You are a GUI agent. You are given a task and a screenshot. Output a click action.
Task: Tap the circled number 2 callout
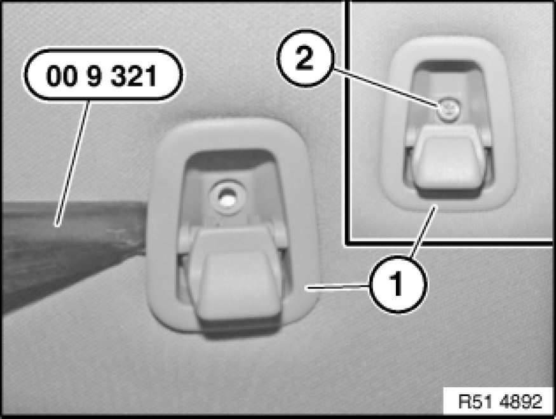[x=305, y=58]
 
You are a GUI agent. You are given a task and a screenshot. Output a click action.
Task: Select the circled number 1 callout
[x=397, y=284]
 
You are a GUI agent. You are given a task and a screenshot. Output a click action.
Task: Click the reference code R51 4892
[x=500, y=402]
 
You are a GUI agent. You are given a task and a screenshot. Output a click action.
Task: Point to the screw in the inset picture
[x=449, y=109]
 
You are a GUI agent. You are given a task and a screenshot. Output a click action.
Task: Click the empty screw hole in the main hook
[x=226, y=197]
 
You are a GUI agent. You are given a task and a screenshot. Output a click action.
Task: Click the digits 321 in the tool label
[x=133, y=76]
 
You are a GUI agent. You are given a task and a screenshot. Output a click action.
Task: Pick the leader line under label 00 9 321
[x=72, y=163]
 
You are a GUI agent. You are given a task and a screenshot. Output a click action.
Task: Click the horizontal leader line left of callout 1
[x=337, y=287]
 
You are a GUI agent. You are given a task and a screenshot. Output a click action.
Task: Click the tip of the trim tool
[x=146, y=227]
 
